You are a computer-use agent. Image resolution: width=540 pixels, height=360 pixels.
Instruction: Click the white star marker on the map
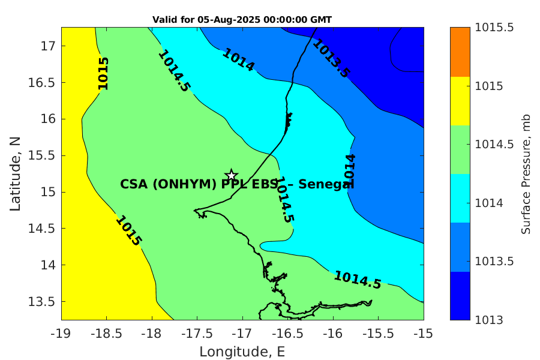click(231, 175)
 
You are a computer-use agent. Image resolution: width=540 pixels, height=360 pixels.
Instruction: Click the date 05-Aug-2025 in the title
click(229, 20)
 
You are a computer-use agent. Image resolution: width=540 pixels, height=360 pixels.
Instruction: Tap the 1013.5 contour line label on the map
click(331, 58)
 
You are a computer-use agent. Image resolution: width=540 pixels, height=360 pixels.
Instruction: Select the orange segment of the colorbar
click(460, 52)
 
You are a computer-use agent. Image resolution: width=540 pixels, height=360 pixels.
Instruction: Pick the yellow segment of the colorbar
click(460, 101)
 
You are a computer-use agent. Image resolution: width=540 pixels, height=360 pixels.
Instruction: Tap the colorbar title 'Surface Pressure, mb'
click(526, 175)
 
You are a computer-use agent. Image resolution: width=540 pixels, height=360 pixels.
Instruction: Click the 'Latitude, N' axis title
click(15, 174)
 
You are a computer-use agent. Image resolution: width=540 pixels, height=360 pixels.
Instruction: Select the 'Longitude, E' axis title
click(242, 352)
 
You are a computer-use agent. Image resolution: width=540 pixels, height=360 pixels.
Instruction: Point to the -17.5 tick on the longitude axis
click(197, 334)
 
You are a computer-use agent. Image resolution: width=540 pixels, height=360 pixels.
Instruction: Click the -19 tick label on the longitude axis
click(62, 334)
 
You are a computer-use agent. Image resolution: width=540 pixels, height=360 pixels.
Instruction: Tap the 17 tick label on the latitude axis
click(48, 46)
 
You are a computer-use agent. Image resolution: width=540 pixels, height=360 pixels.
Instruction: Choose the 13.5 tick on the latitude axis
click(41, 301)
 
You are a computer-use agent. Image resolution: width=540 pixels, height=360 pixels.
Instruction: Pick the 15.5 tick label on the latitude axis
click(41, 155)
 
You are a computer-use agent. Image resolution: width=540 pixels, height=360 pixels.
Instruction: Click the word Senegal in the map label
click(326, 184)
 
